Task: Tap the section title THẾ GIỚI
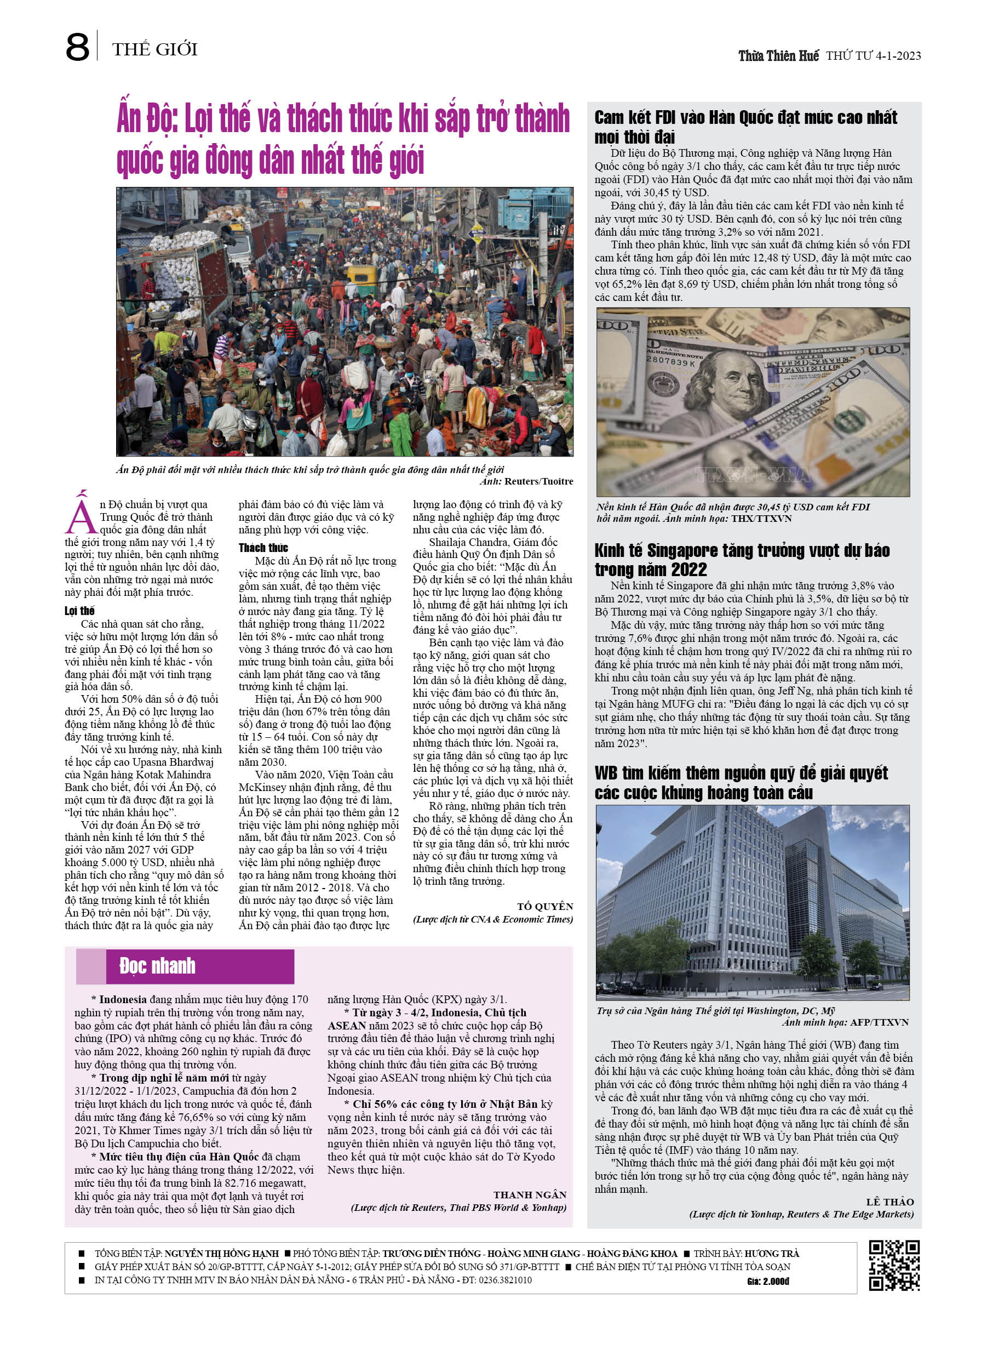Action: pyautogui.click(x=154, y=49)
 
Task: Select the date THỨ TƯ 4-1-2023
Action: pyautogui.click(x=873, y=56)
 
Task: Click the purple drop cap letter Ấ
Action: pyautogui.click(x=81, y=513)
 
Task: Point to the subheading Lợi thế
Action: pyautogui.click(x=80, y=611)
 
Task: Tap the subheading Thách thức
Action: pyautogui.click(x=263, y=548)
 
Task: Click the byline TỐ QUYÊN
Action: pyautogui.click(x=545, y=906)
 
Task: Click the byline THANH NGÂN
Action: pyautogui.click(x=530, y=1194)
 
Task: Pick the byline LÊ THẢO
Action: pyautogui.click(x=890, y=1202)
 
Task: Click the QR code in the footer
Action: pyautogui.click(x=894, y=1265)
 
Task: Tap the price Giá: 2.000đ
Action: pyautogui.click(x=768, y=1282)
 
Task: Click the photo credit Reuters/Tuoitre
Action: pyautogui.click(x=539, y=481)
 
